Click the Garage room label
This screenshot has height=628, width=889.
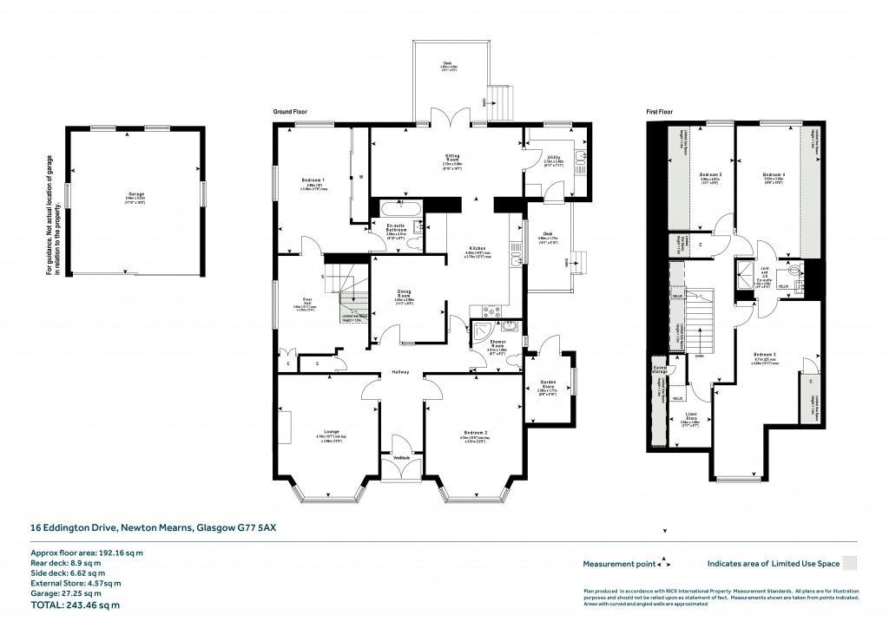134,195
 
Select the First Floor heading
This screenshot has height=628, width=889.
661,112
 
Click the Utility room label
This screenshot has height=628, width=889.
554,157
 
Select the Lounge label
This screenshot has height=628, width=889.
331,431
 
